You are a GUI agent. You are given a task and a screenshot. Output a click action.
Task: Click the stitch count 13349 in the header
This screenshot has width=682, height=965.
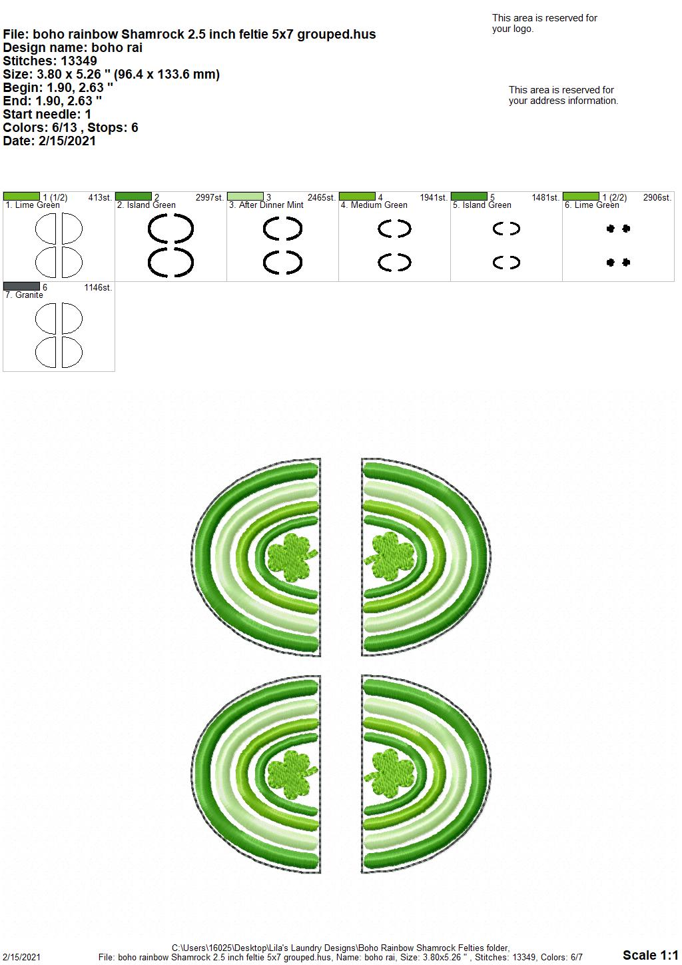[79, 61]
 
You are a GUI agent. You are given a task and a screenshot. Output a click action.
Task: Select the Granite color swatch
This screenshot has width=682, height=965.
[21, 286]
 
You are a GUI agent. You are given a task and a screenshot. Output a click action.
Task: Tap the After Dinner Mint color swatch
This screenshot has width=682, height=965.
[245, 196]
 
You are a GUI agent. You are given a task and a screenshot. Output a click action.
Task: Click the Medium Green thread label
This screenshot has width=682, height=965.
[374, 205]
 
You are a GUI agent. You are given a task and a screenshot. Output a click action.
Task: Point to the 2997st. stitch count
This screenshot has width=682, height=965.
[209, 197]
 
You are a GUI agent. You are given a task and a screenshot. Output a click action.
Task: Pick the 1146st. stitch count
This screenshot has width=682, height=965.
[98, 287]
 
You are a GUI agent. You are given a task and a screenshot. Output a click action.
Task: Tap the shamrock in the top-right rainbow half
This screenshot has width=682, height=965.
[389, 556]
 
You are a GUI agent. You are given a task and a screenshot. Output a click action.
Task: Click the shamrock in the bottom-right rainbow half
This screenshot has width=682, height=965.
[389, 773]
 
